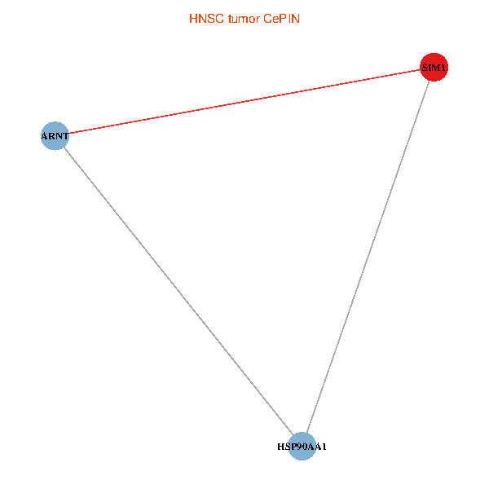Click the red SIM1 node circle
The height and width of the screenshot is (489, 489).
click(x=434, y=67)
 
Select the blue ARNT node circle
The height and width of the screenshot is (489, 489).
click(x=55, y=135)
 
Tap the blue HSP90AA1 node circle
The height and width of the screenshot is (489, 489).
click(x=302, y=447)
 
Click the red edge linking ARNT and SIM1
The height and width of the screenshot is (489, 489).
click(x=244, y=101)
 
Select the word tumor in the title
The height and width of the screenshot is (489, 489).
click(x=244, y=18)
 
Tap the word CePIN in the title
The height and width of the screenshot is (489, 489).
click(x=281, y=18)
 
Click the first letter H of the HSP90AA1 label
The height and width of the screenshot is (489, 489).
click(x=280, y=447)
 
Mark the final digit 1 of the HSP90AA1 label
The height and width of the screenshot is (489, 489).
click(x=324, y=447)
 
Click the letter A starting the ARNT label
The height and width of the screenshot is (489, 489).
click(x=45, y=136)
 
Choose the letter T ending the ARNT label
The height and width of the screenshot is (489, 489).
click(x=65, y=136)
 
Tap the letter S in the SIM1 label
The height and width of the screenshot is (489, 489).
click(x=425, y=68)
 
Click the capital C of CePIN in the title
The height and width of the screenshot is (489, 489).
click(x=267, y=18)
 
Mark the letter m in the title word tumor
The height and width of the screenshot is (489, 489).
click(x=244, y=18)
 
